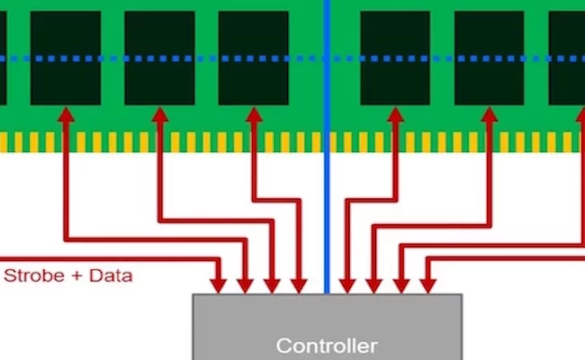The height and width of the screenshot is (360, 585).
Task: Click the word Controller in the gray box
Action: click(x=327, y=346)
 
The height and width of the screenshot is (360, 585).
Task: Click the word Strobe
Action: click(x=34, y=275)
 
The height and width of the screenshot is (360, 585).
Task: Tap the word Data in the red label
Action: click(x=111, y=275)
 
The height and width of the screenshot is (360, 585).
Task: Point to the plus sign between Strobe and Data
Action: click(x=76, y=276)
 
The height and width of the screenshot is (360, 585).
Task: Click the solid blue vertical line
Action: click(x=327, y=147)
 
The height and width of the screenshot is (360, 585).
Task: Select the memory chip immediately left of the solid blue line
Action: click(x=253, y=58)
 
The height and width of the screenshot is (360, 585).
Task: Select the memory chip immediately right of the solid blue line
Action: click(x=395, y=58)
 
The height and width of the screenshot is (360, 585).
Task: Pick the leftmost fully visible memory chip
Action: click(x=66, y=58)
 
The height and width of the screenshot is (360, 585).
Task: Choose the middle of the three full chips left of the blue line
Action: click(x=159, y=58)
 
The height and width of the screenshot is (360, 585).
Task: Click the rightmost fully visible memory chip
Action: click(x=489, y=58)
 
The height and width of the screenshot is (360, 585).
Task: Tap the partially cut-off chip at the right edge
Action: click(x=567, y=58)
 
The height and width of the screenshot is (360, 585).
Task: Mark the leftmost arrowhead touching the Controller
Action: click(x=219, y=286)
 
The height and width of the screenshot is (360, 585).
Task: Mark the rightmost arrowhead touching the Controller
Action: click(x=427, y=286)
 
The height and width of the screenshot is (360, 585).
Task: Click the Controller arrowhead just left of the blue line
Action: click(x=299, y=286)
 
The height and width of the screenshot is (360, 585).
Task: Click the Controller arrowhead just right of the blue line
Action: click(x=347, y=286)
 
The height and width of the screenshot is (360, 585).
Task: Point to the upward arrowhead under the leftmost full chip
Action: click(x=66, y=114)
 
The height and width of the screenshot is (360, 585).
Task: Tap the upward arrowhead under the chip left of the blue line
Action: click(x=254, y=114)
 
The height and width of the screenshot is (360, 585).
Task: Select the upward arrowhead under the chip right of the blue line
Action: click(x=395, y=114)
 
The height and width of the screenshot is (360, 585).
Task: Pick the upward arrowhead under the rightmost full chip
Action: click(x=490, y=114)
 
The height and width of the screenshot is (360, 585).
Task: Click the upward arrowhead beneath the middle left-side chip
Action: click(x=160, y=114)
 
